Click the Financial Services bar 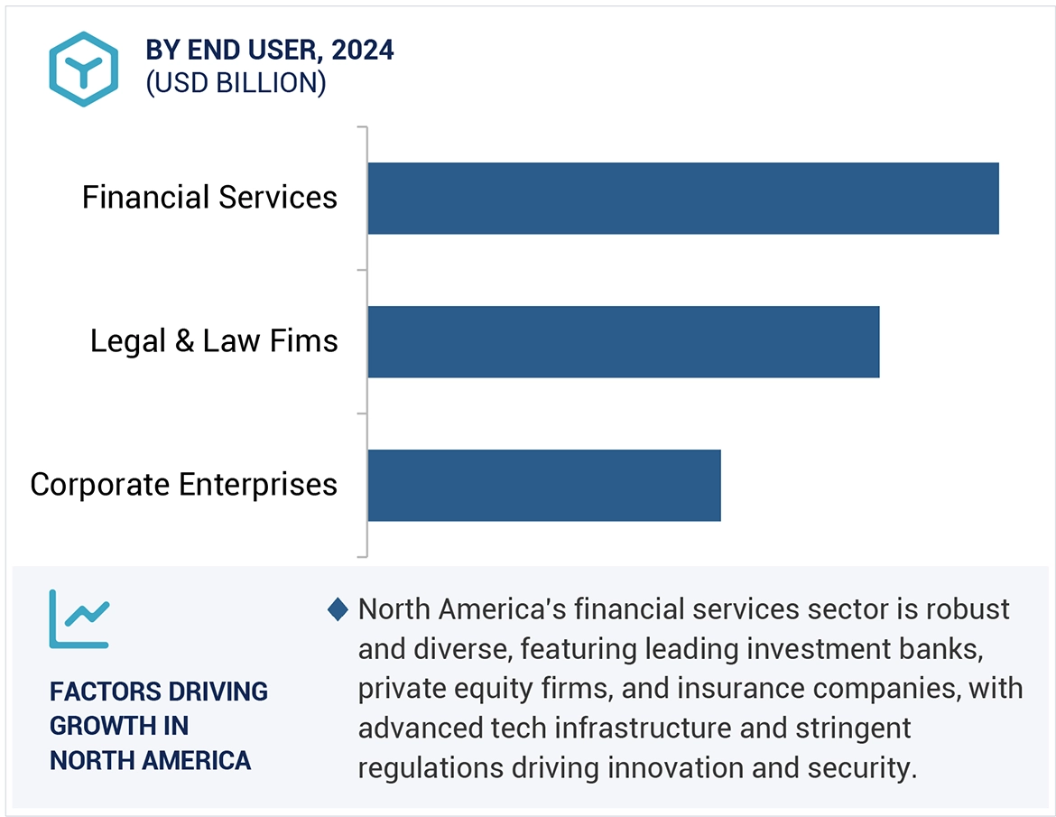682,199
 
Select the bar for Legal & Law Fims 623,341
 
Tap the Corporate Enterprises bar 543,485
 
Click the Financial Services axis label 209,198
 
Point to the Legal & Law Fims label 214,341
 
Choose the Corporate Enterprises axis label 183,485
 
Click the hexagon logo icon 83,70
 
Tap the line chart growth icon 79,619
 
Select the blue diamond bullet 338,610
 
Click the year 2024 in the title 363,51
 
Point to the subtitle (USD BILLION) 236,83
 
